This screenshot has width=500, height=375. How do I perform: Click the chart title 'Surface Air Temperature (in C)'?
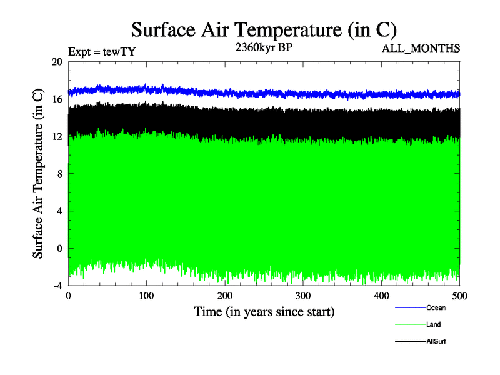pos(263,29)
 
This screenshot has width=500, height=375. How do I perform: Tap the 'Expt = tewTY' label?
pos(101,52)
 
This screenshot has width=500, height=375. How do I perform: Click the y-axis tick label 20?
pos(57,62)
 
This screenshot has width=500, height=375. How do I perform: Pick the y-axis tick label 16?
pos(57,99)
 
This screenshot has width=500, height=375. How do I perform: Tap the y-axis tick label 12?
pos(57,136)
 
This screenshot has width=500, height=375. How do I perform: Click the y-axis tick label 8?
pos(59,174)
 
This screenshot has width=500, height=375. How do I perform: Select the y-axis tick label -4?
pos(57,286)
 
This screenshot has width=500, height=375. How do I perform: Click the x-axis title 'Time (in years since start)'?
pos(264,311)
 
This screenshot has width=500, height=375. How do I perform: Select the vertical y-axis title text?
pos(38,174)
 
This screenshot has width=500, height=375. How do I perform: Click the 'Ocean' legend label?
pos(436,307)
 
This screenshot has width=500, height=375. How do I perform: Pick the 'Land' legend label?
pos(434,325)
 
